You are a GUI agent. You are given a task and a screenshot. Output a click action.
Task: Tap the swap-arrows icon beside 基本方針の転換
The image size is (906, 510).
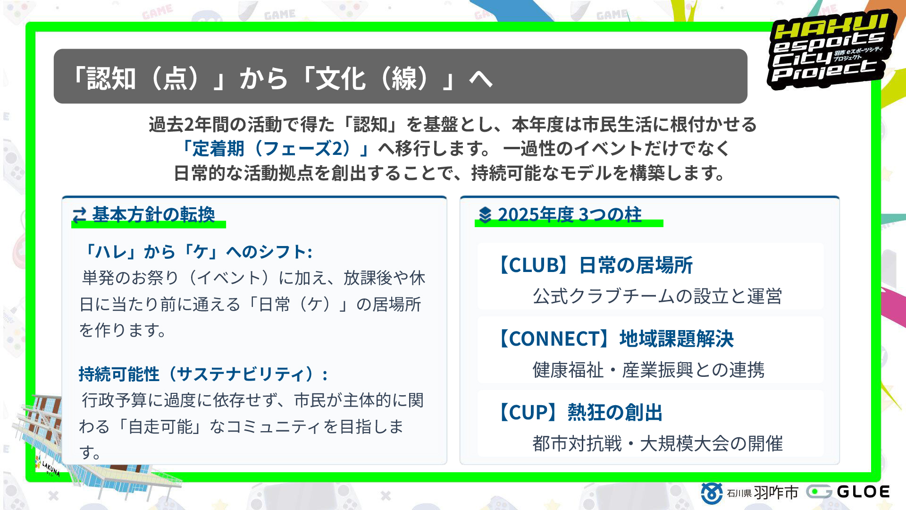point(79,215)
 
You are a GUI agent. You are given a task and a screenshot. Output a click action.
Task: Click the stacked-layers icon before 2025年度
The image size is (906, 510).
point(485,215)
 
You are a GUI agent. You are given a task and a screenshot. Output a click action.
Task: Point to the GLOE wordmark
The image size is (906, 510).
point(863,492)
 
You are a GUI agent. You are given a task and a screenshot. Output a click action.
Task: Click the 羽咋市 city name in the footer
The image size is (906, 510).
point(776,493)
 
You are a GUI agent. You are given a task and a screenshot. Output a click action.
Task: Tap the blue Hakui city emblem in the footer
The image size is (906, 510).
point(711,493)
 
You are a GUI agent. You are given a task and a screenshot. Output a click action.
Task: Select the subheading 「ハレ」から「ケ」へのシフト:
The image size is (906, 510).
point(197,252)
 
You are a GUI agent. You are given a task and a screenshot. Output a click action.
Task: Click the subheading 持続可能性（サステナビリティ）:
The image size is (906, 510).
point(203,374)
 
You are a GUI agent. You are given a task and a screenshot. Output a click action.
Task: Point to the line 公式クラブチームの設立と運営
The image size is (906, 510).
point(657,297)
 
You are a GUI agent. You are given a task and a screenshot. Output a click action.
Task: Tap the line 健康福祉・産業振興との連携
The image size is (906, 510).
point(648,370)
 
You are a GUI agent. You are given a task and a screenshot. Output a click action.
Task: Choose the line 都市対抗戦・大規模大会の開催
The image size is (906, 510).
point(657,444)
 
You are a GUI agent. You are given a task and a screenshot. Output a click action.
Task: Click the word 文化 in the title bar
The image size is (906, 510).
point(340,78)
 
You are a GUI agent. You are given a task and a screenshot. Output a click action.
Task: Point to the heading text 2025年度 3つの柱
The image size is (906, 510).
point(570,215)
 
